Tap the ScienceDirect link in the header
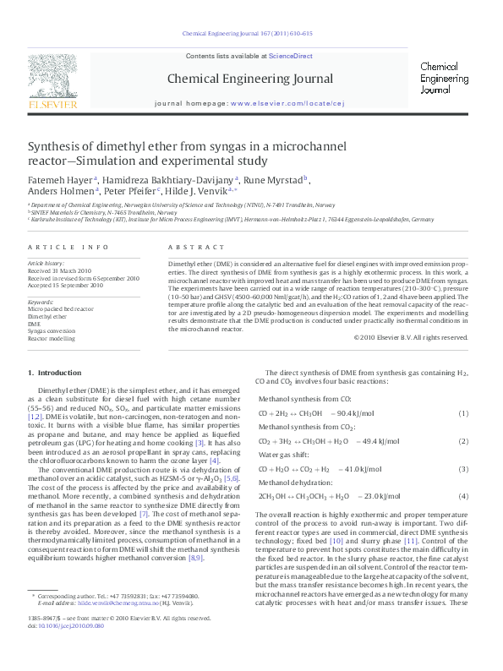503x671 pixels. [290, 56]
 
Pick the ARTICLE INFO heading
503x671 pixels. [68, 247]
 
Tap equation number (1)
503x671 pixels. [462, 413]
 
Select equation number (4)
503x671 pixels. [462, 497]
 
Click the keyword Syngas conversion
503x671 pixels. [52, 331]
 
